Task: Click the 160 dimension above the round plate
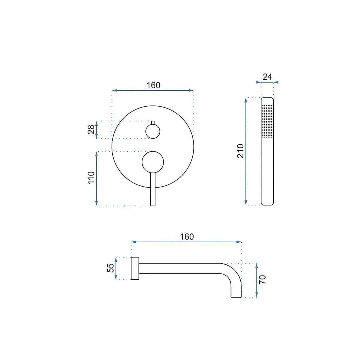pyautogui.click(x=153, y=85)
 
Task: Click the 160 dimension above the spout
pyautogui.click(x=187, y=237)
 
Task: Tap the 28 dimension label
pyautogui.click(x=91, y=129)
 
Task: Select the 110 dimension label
pyautogui.click(x=91, y=177)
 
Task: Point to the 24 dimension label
pyautogui.click(x=267, y=77)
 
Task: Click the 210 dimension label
pyautogui.click(x=240, y=151)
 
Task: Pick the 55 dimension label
pyautogui.click(x=111, y=268)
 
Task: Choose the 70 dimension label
pyautogui.click(x=262, y=280)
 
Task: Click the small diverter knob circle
pyautogui.click(x=153, y=131)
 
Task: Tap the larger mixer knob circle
pyautogui.click(x=153, y=162)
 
